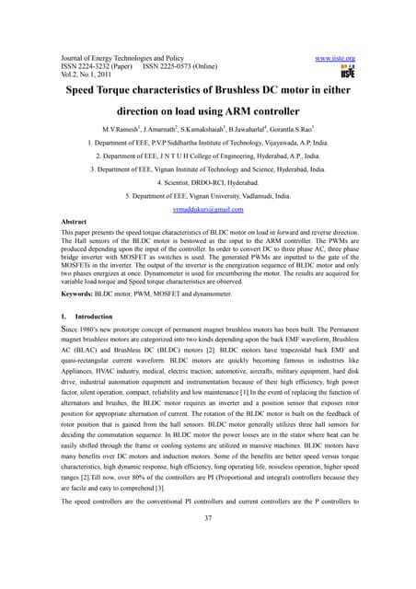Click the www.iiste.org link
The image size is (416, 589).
(x=335, y=57)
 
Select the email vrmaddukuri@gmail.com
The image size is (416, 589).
(x=207, y=210)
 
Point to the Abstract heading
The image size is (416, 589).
(x=77, y=223)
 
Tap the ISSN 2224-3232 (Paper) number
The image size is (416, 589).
(x=99, y=67)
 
